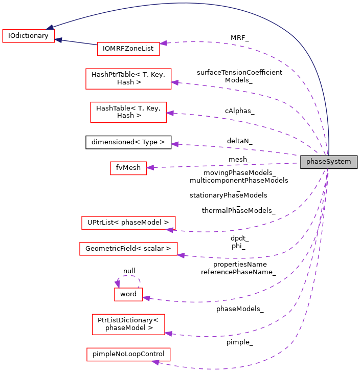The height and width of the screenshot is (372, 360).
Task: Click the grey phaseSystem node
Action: pyautogui.click(x=328, y=162)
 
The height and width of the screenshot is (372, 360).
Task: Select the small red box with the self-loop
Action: pyautogui.click(x=128, y=294)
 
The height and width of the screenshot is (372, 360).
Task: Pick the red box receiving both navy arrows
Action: pyautogui.click(x=29, y=36)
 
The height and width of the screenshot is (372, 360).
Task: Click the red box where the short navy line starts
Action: pyautogui.click(x=128, y=49)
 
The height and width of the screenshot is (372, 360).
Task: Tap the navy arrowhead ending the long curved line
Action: pyautogui.click(x=49, y=28)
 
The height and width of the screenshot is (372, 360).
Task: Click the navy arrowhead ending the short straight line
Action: pyautogui.click(x=58, y=39)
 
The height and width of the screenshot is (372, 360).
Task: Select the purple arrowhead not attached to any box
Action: pyautogui.click(x=174, y=144)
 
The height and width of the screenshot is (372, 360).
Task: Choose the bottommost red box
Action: pyautogui.click(x=128, y=354)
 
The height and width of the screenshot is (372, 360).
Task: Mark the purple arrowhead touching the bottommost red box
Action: pyautogui.click(x=156, y=363)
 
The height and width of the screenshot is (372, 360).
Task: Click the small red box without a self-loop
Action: pyautogui.click(x=128, y=168)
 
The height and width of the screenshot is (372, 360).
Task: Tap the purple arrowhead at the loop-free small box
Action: pyautogui.click(x=150, y=167)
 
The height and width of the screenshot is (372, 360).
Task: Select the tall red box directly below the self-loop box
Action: pyautogui.click(x=128, y=324)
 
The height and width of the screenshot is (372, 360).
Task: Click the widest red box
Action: pyautogui.click(x=128, y=249)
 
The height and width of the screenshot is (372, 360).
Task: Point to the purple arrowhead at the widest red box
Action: pyautogui.click(x=181, y=255)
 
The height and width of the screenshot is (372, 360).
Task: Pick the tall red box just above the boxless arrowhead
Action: pyautogui.click(x=128, y=112)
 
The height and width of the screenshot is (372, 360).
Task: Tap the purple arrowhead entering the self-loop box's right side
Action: pyautogui.click(x=146, y=298)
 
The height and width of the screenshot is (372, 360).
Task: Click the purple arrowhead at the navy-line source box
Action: pyautogui.click(x=164, y=43)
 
